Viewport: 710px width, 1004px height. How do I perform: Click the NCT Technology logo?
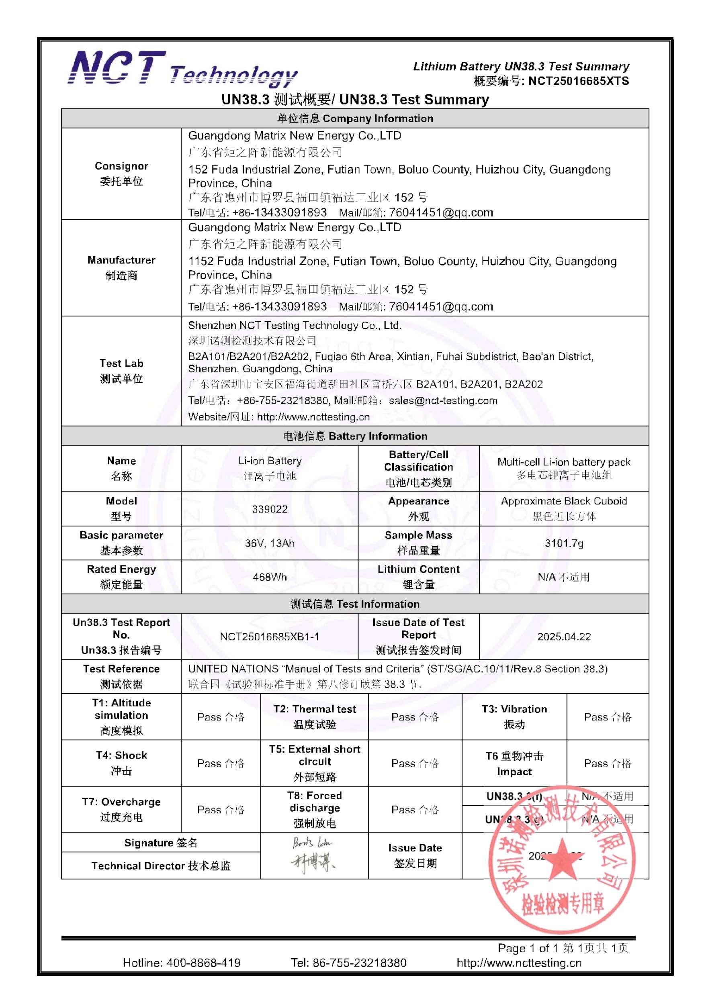tap(182, 69)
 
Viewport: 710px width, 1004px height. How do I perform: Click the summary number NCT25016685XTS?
tap(578, 81)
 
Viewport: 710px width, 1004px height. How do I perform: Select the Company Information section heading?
tap(355, 118)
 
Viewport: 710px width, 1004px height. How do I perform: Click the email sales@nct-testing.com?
tap(443, 400)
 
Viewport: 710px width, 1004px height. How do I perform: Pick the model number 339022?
tap(270, 509)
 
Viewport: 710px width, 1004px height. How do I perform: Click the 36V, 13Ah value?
tap(270, 543)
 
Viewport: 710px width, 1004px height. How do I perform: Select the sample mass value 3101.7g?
tap(563, 543)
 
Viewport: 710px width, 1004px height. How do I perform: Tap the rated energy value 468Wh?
tap(270, 577)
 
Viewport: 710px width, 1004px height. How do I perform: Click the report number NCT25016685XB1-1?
tap(270, 637)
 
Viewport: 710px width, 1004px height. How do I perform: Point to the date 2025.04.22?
tap(563, 637)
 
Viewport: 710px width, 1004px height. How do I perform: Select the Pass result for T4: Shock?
tap(221, 763)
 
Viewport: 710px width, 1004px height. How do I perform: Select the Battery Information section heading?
tap(355, 436)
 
